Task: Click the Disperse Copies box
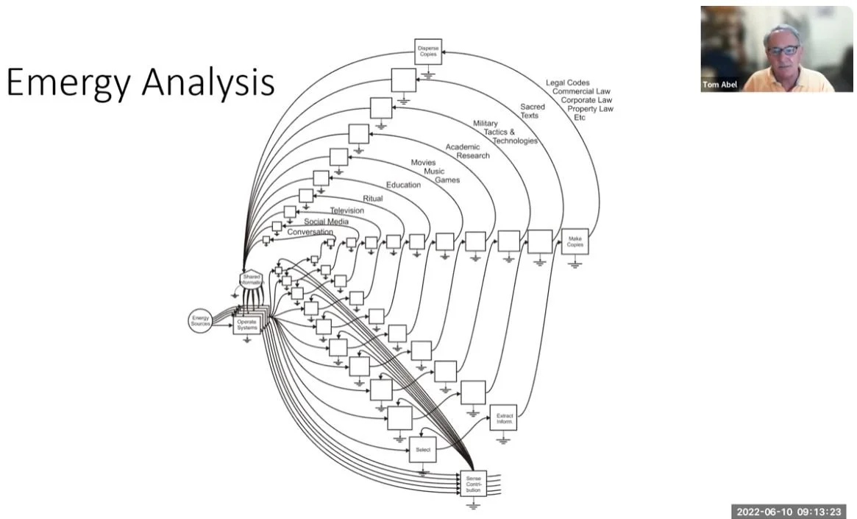pos(428,51)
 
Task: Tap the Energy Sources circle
pos(200,320)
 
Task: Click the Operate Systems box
pos(247,324)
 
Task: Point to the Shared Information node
pos(252,279)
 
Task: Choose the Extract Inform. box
pos(504,417)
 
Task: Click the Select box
pos(422,449)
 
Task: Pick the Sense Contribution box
pos(473,483)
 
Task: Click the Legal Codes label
pos(567,82)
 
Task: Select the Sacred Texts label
pos(532,111)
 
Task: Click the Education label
pos(403,185)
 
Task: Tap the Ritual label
pos(372,199)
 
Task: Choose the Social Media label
pos(326,222)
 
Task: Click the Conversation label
pos(310,233)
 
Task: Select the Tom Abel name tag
pos(719,85)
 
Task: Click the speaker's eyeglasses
pos(783,50)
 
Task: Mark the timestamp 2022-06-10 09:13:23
pos(789,512)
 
